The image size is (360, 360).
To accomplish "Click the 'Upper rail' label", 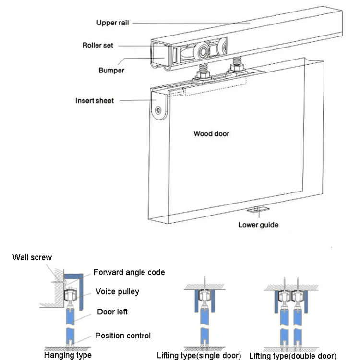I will point(113,23).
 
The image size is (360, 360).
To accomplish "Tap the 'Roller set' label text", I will point(98,46).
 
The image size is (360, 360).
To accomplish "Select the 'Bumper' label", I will point(111,71).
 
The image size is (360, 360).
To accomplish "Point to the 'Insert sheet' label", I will point(95,101).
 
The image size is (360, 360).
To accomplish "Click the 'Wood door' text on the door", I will point(211,133).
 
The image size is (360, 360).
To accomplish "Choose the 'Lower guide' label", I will point(258,225).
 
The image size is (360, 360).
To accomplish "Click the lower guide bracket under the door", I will point(258,209).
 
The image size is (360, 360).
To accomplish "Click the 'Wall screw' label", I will point(32,258).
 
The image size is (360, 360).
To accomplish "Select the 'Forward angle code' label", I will point(129,272).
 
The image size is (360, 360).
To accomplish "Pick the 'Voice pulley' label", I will point(117,291).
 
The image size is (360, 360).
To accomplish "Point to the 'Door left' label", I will point(112,312).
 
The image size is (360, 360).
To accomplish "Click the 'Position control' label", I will point(123,336).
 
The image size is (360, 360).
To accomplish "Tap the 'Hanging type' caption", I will point(68,355).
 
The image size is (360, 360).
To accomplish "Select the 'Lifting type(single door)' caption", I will point(199,356).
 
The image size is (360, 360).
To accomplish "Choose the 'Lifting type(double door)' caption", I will point(293,356).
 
